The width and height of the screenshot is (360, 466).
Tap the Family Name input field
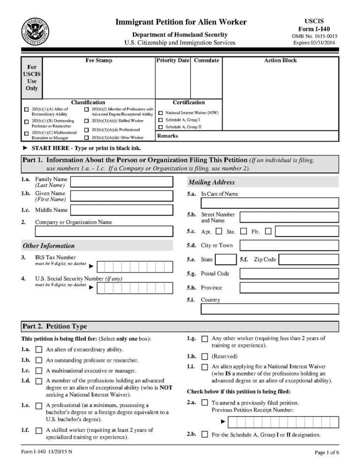(x=121, y=181)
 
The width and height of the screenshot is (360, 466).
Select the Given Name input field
(x=121, y=195)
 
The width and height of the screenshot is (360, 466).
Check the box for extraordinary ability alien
(x=39, y=349)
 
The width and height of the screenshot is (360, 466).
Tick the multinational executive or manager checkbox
(x=39, y=370)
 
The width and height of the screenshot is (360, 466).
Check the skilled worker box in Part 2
(x=39, y=430)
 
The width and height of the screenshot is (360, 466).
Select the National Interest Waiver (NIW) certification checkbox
(x=161, y=113)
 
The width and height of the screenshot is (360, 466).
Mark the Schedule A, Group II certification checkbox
(x=161, y=127)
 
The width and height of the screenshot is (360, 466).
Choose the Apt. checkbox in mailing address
(x=218, y=231)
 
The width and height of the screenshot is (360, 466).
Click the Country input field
(x=270, y=309)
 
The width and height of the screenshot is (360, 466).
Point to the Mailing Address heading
(x=211, y=182)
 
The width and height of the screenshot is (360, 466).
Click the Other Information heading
(x=49, y=246)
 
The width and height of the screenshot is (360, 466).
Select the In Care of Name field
(x=270, y=203)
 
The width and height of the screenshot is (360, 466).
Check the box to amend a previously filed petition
(x=204, y=403)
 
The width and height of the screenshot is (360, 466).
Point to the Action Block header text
(x=280, y=60)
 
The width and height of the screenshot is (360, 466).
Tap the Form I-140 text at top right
(x=314, y=29)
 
